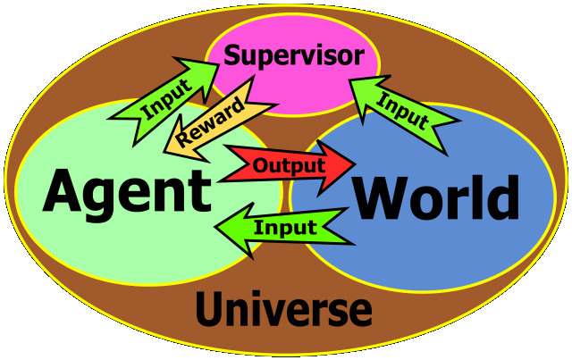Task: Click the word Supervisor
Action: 294,56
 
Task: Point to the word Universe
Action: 282,310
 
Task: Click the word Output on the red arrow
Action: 288,165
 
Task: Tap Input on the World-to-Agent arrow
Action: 286,227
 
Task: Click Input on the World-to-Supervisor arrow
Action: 402,105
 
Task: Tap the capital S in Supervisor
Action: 233,55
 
